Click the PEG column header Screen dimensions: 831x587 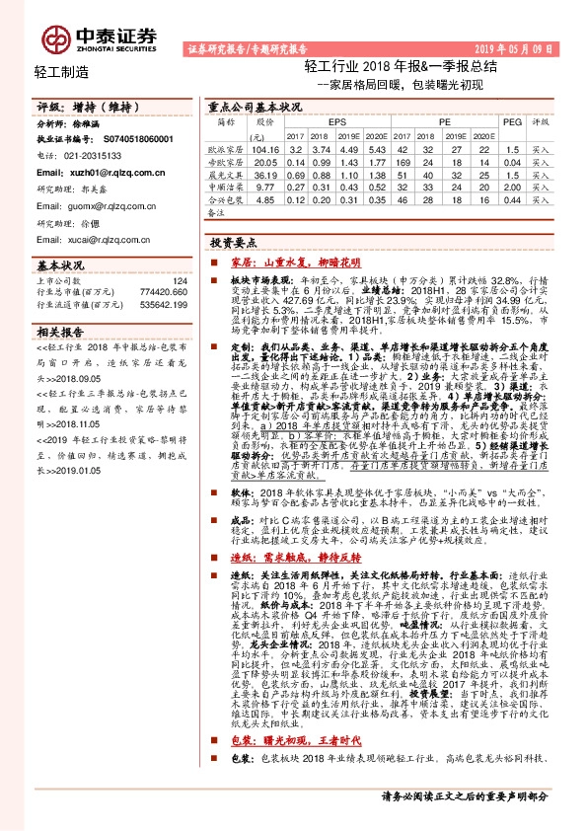click(x=510, y=122)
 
